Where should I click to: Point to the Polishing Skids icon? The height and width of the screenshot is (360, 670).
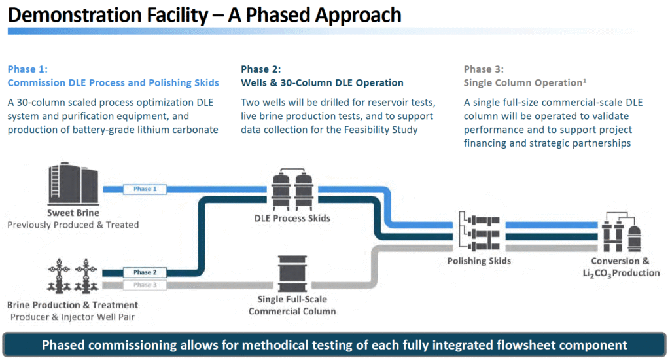(478, 232)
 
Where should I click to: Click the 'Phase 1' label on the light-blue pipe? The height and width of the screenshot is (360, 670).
(145, 189)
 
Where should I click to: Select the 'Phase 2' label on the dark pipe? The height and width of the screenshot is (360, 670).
(145, 272)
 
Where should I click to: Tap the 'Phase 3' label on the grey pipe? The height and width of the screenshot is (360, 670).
(145, 285)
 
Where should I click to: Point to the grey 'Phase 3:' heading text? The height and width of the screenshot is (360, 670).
(484, 69)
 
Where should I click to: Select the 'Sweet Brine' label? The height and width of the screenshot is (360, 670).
(73, 213)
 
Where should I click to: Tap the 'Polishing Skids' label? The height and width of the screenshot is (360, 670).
(479, 261)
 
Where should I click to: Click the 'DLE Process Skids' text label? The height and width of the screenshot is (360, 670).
(292, 218)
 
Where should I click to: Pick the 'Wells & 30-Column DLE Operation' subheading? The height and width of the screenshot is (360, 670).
(322, 83)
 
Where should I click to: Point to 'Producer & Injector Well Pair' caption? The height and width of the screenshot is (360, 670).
(73, 317)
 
